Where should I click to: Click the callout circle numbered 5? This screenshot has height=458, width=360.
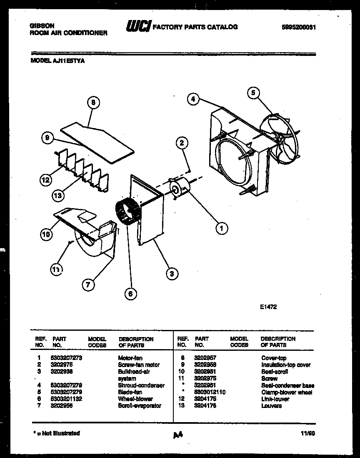click(x=253, y=93)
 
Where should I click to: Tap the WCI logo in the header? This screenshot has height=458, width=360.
click(x=139, y=27)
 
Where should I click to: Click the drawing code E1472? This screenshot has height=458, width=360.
click(x=268, y=307)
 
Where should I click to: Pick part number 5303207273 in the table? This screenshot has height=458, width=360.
click(x=66, y=358)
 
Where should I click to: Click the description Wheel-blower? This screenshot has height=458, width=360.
click(x=135, y=399)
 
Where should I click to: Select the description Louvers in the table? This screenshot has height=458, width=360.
click(x=271, y=406)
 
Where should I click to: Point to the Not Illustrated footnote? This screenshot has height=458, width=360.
click(x=56, y=433)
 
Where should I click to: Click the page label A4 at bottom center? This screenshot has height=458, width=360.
click(x=178, y=435)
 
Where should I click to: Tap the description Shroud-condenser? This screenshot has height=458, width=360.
click(x=141, y=385)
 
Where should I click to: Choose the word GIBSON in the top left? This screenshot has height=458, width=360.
click(x=42, y=25)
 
